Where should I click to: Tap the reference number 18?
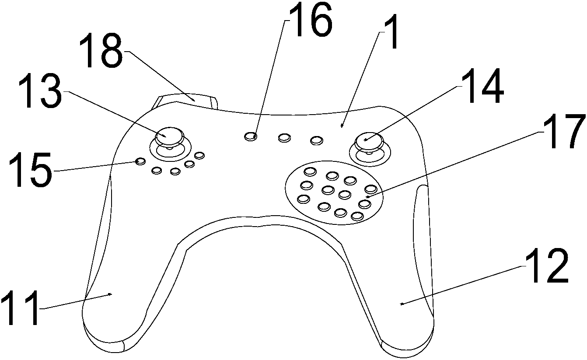(101, 51)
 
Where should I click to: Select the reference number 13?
(40, 91)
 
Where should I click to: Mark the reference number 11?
(21, 308)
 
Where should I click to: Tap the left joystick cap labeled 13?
(169, 136)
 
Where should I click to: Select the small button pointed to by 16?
(250, 136)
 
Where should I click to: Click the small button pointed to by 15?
(140, 161)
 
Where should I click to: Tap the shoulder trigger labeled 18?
(189, 101)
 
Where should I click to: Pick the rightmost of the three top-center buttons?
(317, 140)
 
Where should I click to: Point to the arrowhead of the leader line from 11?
(111, 294)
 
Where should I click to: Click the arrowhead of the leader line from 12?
(402, 304)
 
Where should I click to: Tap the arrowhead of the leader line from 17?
(367, 197)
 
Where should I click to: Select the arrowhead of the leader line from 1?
(341, 126)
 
